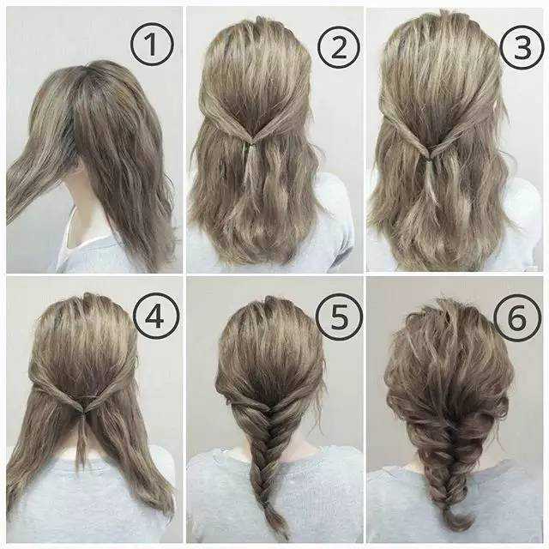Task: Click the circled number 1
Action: (152, 44)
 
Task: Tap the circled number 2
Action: (339, 46)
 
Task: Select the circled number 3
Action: (522, 48)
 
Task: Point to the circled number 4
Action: (156, 317)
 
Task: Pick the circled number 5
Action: (338, 317)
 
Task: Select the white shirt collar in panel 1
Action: (84, 242)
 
